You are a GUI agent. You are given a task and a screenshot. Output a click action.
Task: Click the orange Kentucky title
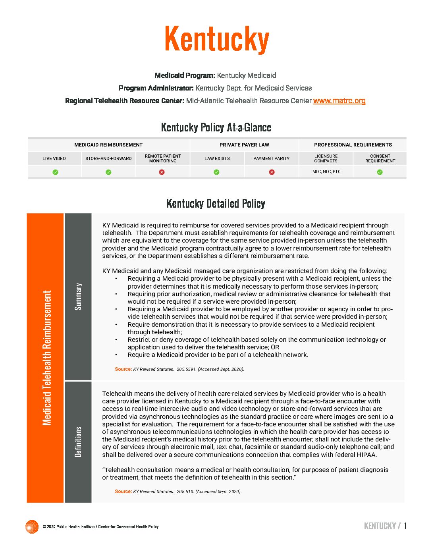[x=217, y=39]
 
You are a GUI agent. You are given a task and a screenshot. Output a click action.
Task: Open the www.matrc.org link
[x=339, y=101]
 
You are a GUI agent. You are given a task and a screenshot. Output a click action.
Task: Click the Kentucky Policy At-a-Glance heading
[x=216, y=127]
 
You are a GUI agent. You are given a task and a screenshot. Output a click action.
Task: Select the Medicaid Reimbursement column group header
[x=108, y=145]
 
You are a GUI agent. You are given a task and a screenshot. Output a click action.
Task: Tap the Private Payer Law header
[x=244, y=145]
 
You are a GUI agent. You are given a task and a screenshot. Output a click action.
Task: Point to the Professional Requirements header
[x=353, y=145]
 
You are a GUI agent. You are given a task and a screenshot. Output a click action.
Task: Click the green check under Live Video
[x=55, y=172]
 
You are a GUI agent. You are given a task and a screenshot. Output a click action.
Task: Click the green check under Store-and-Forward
[x=108, y=172]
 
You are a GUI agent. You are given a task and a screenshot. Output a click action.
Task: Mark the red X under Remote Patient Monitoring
[x=162, y=172]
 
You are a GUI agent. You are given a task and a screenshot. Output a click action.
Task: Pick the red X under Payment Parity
[x=272, y=172]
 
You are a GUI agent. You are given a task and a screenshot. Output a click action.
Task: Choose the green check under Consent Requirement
[x=380, y=172]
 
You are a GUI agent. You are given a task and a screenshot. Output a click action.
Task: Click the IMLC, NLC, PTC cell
[x=326, y=172]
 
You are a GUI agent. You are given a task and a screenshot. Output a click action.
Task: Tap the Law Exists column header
[x=217, y=158]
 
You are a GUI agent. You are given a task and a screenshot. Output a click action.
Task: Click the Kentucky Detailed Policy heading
[x=216, y=204]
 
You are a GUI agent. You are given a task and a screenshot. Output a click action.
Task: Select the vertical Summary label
[x=78, y=297]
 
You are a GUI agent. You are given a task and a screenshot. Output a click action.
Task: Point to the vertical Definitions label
[x=78, y=442]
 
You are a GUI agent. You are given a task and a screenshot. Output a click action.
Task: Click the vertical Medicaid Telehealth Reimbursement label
[x=47, y=358]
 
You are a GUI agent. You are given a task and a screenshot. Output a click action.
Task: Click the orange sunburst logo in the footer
[x=32, y=526]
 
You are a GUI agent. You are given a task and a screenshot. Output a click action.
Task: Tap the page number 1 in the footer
[x=405, y=526]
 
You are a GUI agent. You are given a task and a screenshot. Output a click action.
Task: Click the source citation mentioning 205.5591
[x=179, y=369]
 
